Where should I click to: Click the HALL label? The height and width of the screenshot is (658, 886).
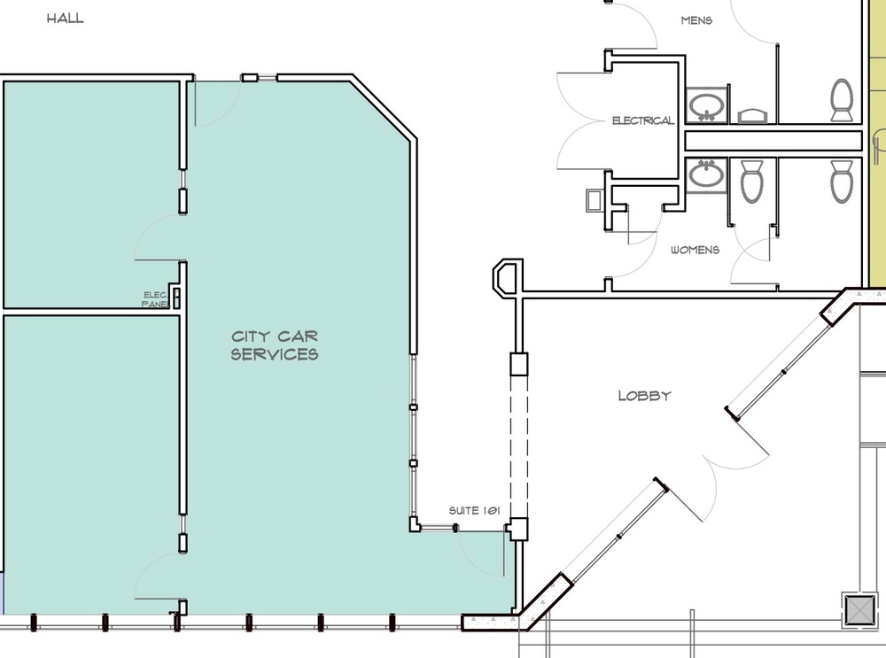[x=65, y=18]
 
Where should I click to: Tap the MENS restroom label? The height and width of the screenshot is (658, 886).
[x=696, y=20]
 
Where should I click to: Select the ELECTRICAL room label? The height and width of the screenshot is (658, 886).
[x=643, y=120]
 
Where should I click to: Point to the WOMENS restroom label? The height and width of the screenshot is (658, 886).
[x=695, y=250]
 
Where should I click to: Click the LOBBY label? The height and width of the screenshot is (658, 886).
[x=645, y=395]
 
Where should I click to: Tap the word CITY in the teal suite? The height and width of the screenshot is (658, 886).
[x=251, y=337]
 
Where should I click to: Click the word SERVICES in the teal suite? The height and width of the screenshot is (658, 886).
[x=275, y=354]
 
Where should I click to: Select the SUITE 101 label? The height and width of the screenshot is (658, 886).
[x=475, y=511]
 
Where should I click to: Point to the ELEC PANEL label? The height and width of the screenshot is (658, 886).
[x=155, y=299]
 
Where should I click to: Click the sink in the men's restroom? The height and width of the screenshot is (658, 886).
[x=706, y=105]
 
